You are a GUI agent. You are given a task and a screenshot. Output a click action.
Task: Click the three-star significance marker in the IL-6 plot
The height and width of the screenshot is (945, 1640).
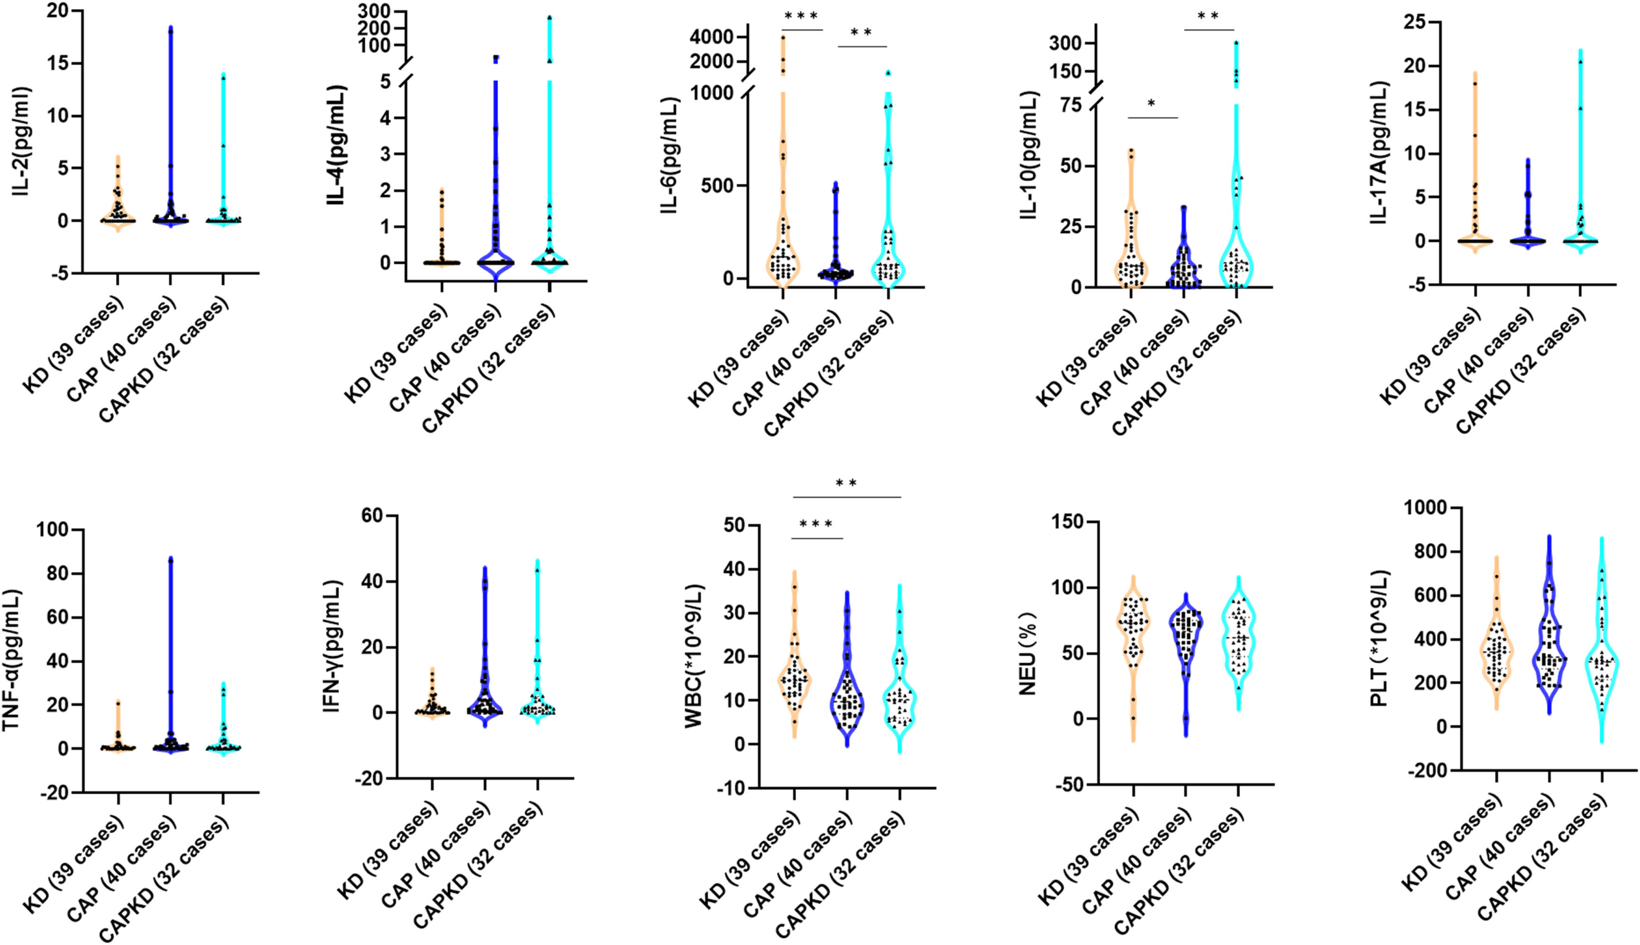801,16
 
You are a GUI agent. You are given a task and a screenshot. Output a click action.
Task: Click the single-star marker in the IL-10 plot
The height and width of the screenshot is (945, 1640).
1152,104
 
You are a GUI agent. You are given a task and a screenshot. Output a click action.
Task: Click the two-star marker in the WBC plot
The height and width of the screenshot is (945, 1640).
846,483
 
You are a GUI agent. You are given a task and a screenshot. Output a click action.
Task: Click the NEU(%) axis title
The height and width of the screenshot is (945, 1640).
1029,652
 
